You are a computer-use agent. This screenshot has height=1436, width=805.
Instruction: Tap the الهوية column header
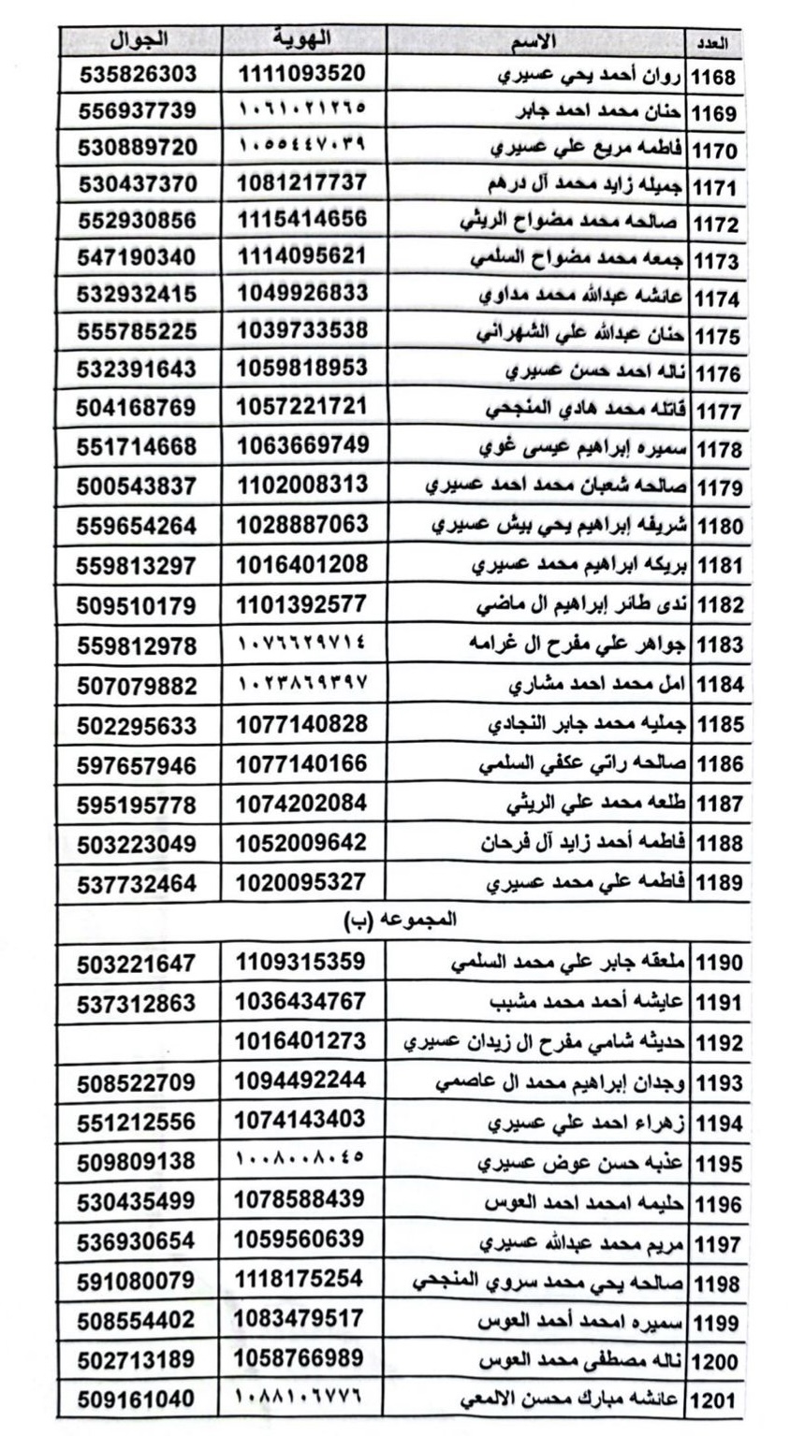point(300,40)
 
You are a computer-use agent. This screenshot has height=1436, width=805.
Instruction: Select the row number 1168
point(714,78)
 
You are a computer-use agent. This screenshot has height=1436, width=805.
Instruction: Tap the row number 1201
point(714,1400)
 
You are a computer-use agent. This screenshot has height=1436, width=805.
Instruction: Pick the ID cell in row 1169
point(300,109)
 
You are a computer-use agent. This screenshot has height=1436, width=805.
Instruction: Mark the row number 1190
point(714,962)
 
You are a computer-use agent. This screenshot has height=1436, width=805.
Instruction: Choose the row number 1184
point(714,684)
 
